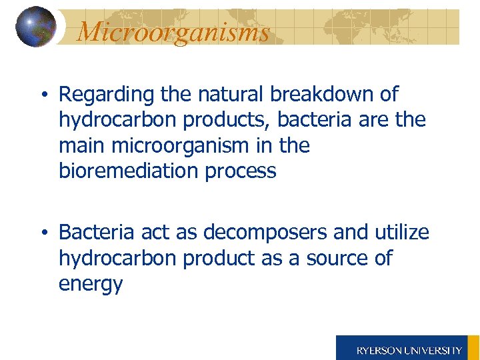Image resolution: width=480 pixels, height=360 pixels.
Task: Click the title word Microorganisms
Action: pos(173,31)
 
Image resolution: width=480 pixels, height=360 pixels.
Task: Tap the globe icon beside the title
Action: pos(35,27)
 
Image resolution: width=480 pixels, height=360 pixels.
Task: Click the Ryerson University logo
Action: pos(408,348)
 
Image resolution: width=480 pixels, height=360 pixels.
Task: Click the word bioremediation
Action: pos(129,171)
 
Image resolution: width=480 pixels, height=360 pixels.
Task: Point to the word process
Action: pos(241,171)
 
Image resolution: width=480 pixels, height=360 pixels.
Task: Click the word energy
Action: pos(91,285)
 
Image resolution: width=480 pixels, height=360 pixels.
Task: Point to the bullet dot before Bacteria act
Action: pos(43,233)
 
